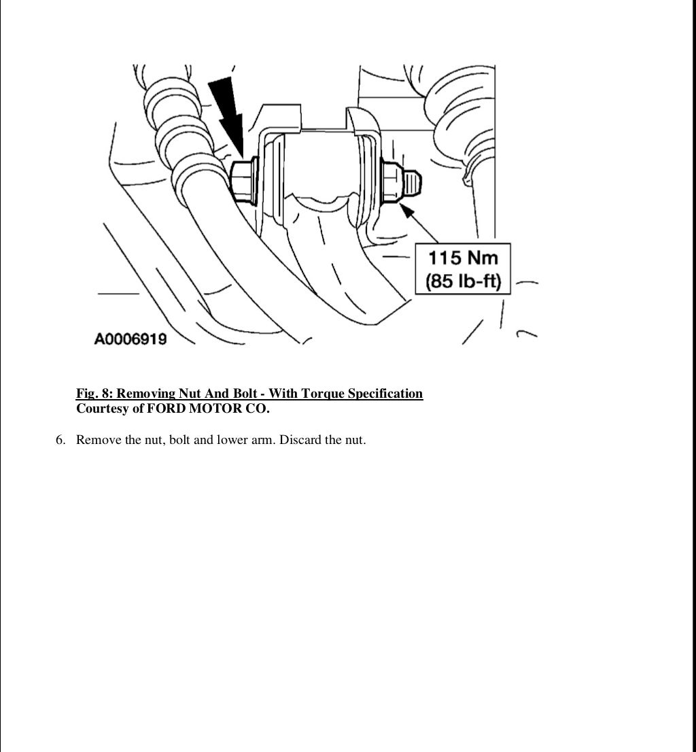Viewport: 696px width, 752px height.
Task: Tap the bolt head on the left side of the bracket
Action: click(243, 180)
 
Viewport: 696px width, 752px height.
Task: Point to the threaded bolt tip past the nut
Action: click(413, 182)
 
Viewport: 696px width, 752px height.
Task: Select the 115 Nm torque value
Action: click(463, 258)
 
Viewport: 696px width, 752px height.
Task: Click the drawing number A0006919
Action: click(130, 339)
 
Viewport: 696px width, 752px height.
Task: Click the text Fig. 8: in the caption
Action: click(94, 394)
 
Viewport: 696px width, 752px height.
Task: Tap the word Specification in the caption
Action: click(385, 394)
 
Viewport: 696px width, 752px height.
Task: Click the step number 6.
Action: click(60, 440)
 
